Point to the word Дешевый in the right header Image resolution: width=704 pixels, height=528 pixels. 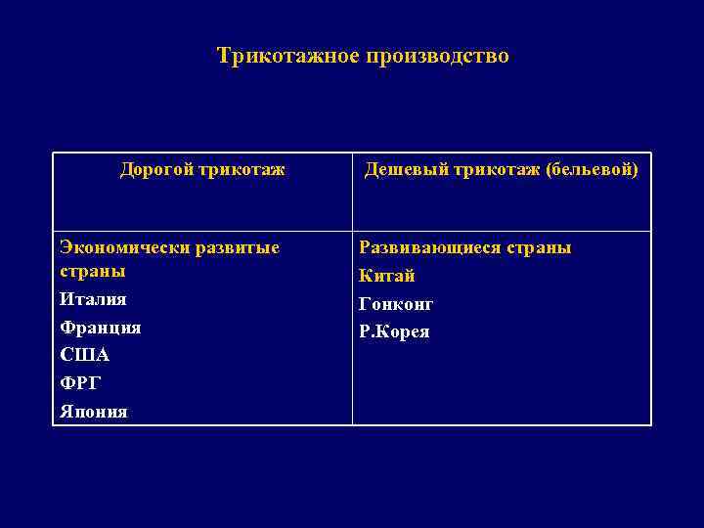405,171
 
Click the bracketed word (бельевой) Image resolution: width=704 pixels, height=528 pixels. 592,171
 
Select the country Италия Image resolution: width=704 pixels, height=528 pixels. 93,299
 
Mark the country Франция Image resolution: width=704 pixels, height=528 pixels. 101,328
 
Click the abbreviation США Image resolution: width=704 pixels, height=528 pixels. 84,356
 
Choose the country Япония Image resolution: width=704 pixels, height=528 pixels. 94,413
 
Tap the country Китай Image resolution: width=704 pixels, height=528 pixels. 387,277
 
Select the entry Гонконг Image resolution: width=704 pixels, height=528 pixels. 396,305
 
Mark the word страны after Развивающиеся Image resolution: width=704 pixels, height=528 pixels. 541,248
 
